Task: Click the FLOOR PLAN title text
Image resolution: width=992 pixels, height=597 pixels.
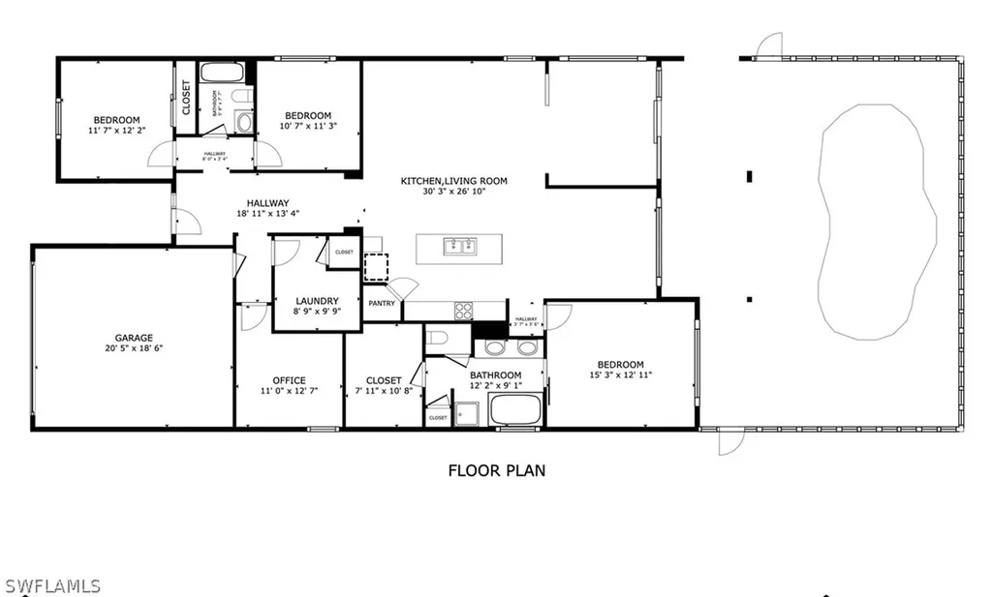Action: pos(496,471)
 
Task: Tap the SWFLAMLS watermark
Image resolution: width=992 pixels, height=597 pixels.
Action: pos(52,585)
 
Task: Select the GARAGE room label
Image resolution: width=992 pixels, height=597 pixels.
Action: pos(135,338)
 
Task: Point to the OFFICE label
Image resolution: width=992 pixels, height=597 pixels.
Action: pos(289,380)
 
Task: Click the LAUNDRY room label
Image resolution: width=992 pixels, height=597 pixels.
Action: pos(316,301)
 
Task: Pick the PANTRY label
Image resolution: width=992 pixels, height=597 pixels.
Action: pos(382,304)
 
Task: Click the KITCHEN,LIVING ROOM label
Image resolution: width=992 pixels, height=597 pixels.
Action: pos(454,181)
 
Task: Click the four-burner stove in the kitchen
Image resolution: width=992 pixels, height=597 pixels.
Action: pos(464,311)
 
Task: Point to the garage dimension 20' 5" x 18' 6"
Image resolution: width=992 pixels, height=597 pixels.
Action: pos(134,348)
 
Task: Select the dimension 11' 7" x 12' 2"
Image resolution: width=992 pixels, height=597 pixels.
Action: pos(116,130)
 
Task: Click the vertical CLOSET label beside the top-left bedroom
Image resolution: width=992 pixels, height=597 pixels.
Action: pos(186,97)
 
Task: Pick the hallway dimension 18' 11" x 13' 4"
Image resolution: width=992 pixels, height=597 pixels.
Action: pos(267,214)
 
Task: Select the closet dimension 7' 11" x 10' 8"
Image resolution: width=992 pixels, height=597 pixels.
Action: pos(384,391)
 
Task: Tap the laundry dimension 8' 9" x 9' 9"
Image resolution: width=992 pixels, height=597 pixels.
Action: pos(316,312)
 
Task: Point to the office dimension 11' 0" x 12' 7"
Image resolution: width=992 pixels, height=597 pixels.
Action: pos(289,391)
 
